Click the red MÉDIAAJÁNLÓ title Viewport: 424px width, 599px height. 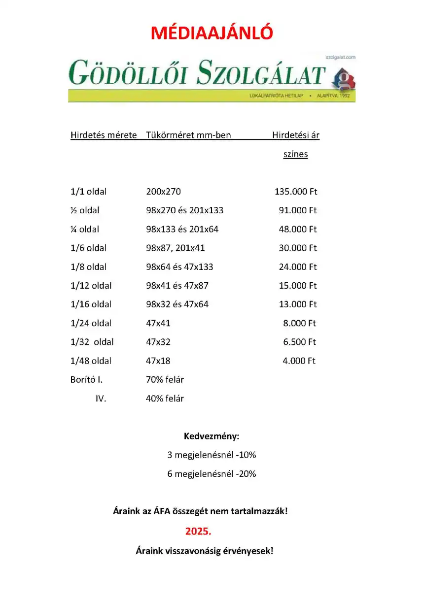click(x=212, y=33)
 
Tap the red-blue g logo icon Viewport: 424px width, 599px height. click(x=345, y=80)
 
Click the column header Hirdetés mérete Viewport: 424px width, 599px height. click(x=104, y=135)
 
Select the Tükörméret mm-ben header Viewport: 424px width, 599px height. click(x=188, y=135)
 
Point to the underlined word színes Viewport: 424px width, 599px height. click(x=295, y=154)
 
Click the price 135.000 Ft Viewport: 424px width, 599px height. click(x=296, y=192)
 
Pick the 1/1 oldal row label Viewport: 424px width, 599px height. click(x=89, y=192)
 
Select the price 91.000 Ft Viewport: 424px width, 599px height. click(x=298, y=210)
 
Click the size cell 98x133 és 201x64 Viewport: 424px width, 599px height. click(x=182, y=229)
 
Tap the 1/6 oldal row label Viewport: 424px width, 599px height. click(x=89, y=248)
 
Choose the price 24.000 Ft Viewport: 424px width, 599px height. click(x=298, y=267)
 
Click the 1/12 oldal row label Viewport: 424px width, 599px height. click(x=91, y=286)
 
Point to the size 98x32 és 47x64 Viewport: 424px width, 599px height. click(x=177, y=304)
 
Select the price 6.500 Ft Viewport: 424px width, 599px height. click(x=300, y=342)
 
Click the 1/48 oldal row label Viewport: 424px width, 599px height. click(x=91, y=361)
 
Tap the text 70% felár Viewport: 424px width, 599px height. click(x=165, y=380)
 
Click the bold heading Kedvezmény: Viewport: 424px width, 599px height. click(x=212, y=436)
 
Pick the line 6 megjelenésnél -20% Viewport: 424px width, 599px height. click(x=212, y=474)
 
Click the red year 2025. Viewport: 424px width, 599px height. click(x=198, y=532)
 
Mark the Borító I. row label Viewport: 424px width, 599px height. click(x=87, y=380)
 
